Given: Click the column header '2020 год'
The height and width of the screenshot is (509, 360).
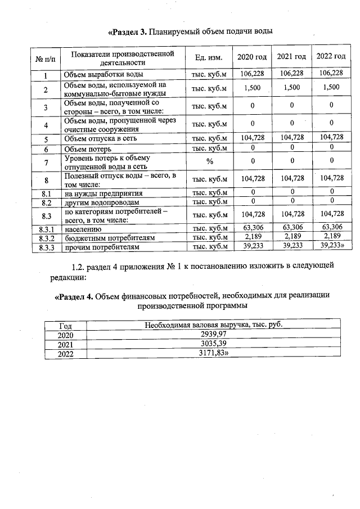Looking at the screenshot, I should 251,57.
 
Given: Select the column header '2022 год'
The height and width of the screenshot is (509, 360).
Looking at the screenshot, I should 331,57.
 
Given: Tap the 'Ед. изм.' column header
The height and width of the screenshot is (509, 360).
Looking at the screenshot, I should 209,57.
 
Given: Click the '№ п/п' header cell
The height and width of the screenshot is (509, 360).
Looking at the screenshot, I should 45,58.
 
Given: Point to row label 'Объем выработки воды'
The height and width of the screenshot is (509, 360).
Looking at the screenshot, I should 103,74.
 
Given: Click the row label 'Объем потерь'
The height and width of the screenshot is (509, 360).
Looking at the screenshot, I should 87,149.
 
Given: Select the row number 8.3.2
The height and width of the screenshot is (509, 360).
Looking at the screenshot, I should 47,238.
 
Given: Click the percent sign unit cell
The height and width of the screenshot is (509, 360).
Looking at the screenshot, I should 209,162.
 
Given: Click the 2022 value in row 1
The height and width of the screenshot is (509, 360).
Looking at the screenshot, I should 331,73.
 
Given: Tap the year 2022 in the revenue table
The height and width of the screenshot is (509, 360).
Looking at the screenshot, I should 66,353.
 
